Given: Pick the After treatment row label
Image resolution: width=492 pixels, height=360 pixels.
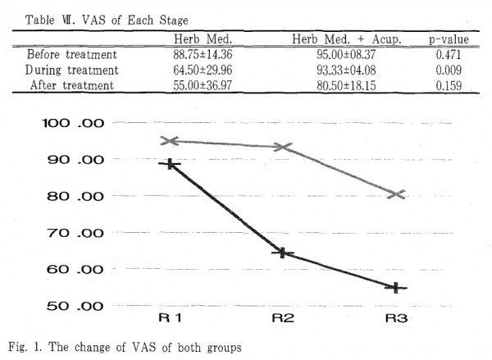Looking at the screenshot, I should click(x=72, y=85).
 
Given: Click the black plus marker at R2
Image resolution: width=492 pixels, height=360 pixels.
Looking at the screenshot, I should click(x=283, y=253).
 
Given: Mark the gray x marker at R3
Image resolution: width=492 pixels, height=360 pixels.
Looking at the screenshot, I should click(x=397, y=194).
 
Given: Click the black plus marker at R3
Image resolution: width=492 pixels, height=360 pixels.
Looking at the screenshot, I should click(x=397, y=288).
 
